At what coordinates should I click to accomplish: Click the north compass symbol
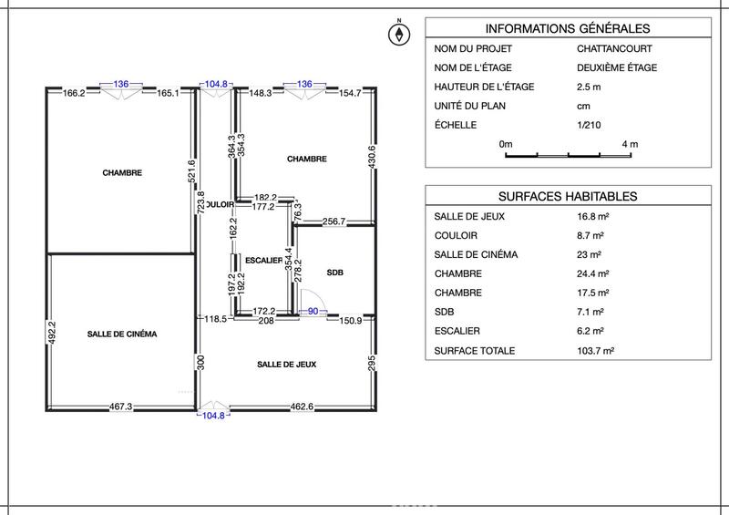[x=398, y=35]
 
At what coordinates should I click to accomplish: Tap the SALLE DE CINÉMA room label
[x=122, y=335]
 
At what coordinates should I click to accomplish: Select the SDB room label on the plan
[x=334, y=273]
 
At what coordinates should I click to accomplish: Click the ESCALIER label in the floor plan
[x=264, y=260]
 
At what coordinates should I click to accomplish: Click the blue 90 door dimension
[x=313, y=312]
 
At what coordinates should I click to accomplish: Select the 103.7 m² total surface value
[x=594, y=351]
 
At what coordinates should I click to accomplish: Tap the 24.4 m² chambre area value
[x=592, y=273]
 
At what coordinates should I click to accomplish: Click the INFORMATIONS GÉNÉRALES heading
[x=568, y=28]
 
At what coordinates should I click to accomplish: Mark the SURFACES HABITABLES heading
[x=568, y=196]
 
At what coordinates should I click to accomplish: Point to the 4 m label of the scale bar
[x=629, y=144]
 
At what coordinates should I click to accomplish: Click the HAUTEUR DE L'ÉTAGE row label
[x=484, y=87]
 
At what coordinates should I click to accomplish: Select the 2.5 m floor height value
[x=589, y=87]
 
